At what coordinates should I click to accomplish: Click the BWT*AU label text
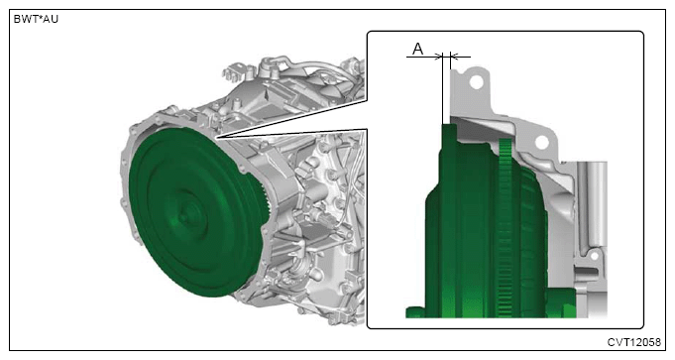[36, 20]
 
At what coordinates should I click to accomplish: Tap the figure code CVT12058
[633, 342]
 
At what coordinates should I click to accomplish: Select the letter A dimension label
[417, 49]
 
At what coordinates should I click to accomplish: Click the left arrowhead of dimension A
[439, 56]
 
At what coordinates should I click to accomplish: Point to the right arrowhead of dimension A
[454, 56]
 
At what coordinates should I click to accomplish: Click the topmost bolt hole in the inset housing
[476, 81]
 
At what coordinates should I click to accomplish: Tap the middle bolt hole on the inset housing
[541, 142]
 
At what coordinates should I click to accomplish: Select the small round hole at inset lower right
[594, 256]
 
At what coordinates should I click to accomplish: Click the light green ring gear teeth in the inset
[505, 228]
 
